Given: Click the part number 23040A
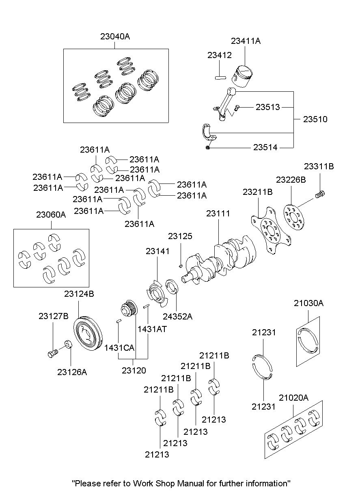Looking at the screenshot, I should click(x=115, y=37).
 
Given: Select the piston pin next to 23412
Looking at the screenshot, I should click(x=220, y=76).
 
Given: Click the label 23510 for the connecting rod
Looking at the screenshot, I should click(x=315, y=119).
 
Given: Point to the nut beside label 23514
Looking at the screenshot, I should click(x=208, y=147).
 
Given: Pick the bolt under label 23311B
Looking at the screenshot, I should click(x=320, y=194).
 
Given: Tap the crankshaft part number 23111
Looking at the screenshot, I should click(x=218, y=214).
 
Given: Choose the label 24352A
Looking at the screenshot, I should click(x=177, y=316).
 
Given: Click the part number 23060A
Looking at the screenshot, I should click(x=51, y=215).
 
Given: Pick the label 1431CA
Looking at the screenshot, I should click(x=119, y=347).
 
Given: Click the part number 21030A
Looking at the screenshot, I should click(x=308, y=303).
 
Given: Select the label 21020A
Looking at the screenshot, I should click(x=293, y=398).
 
